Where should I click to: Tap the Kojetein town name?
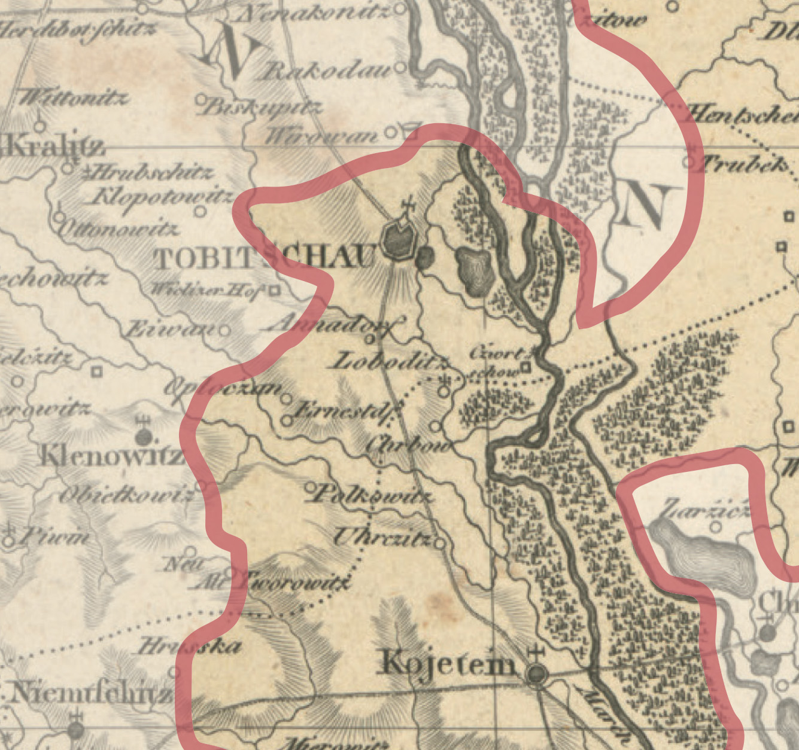coord(448,663)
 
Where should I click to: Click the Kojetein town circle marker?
coord(536,674)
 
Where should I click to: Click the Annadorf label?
coord(333,325)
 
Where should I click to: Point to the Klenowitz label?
coord(111,456)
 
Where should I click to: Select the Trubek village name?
coord(745,163)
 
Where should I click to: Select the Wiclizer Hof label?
coord(206,290)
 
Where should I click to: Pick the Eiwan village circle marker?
coord(224,330)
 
